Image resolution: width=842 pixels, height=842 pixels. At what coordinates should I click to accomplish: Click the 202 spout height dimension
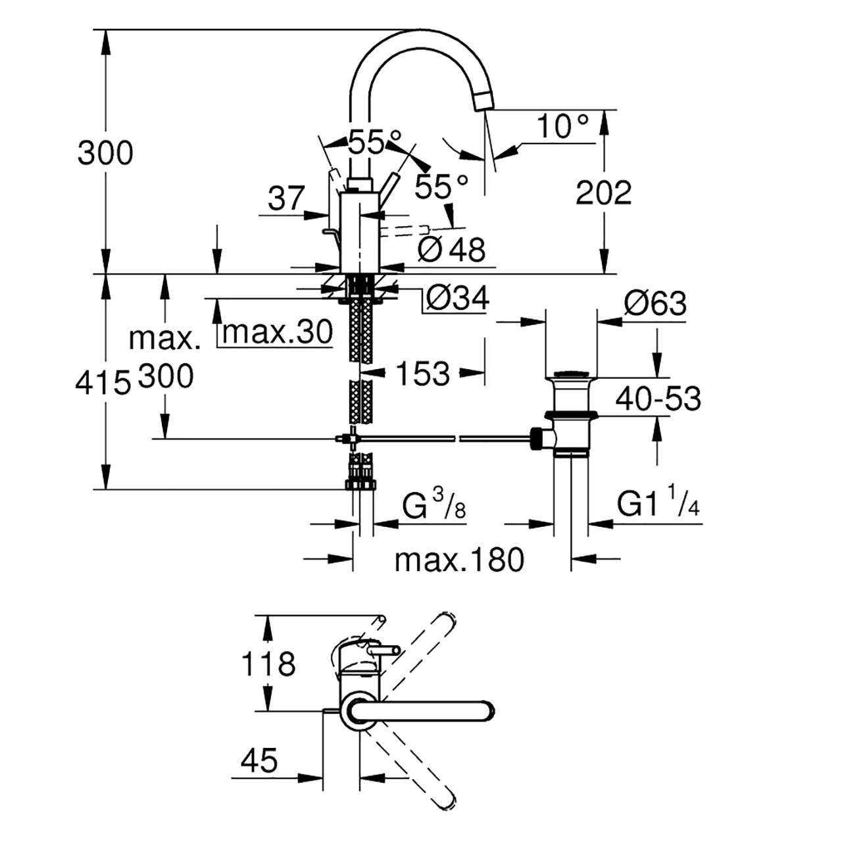click(x=603, y=193)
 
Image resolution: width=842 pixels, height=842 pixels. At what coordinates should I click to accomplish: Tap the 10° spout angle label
click(x=562, y=126)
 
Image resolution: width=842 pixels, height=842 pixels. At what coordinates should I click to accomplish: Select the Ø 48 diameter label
click(x=451, y=250)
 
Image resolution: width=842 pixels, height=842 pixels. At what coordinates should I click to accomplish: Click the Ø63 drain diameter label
click(x=655, y=303)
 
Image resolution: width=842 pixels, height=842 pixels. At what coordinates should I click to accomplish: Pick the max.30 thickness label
click(x=278, y=332)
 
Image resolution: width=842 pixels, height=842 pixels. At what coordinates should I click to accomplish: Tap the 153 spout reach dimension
click(x=422, y=374)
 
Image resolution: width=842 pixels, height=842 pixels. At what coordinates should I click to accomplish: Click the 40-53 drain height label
click(x=658, y=398)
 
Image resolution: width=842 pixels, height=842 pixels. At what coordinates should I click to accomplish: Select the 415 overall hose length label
click(x=103, y=382)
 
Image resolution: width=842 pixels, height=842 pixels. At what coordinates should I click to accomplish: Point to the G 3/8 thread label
click(x=433, y=505)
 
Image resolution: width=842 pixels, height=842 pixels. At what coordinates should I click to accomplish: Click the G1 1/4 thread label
click(x=658, y=504)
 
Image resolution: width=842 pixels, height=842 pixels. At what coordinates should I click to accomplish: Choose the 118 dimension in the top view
click(x=268, y=664)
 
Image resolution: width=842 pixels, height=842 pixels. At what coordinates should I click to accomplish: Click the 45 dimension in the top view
click(x=259, y=760)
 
